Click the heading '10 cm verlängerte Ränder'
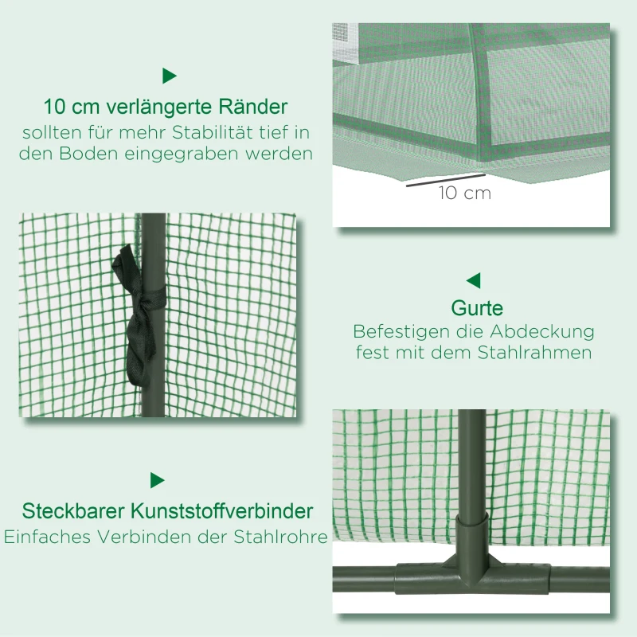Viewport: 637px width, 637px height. (x=166, y=106)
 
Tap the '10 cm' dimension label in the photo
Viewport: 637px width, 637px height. (x=464, y=193)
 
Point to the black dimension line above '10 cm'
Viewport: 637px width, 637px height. (x=445, y=180)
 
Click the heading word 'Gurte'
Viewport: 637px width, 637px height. (x=477, y=308)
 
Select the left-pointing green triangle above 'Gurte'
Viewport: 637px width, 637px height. (x=474, y=280)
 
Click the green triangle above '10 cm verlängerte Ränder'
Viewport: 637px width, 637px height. (x=169, y=76)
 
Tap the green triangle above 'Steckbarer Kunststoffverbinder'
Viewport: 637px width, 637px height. (x=157, y=480)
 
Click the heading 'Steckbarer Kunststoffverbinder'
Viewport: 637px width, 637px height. (x=167, y=510)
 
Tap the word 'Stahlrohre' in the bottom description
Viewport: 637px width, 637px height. (x=285, y=537)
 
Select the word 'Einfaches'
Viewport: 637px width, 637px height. (x=48, y=537)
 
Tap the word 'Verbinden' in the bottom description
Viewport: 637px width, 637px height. (x=143, y=537)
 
